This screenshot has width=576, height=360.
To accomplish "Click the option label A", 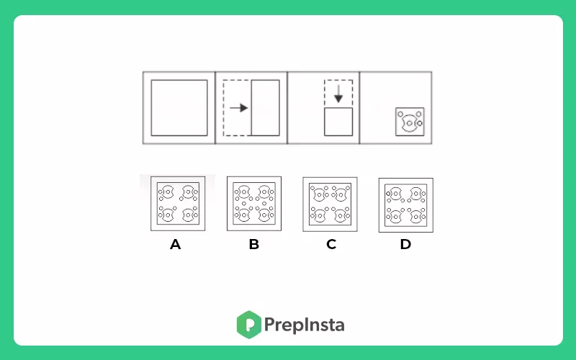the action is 175,244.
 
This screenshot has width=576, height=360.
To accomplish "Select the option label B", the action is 254,244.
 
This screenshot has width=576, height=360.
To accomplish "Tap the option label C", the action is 331,244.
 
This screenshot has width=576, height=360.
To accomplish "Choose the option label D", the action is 405,244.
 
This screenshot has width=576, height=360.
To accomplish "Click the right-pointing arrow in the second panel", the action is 239,107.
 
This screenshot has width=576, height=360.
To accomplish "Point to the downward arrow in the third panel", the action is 338,94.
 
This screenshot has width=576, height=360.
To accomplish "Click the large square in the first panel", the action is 179,80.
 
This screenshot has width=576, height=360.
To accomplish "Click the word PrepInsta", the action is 304,325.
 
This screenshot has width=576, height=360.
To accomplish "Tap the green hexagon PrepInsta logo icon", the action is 248,325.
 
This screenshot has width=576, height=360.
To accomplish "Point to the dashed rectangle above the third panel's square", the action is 325,94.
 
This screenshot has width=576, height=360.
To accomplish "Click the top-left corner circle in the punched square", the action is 400,114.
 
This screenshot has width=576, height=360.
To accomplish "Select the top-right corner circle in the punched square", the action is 419,114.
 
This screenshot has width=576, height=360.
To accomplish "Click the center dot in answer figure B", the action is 244,204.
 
